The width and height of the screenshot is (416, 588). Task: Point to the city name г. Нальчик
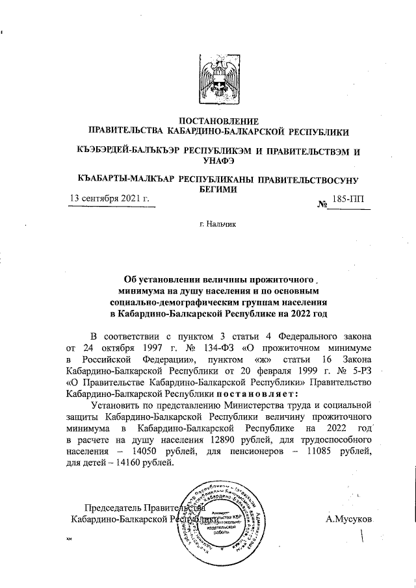218,224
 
